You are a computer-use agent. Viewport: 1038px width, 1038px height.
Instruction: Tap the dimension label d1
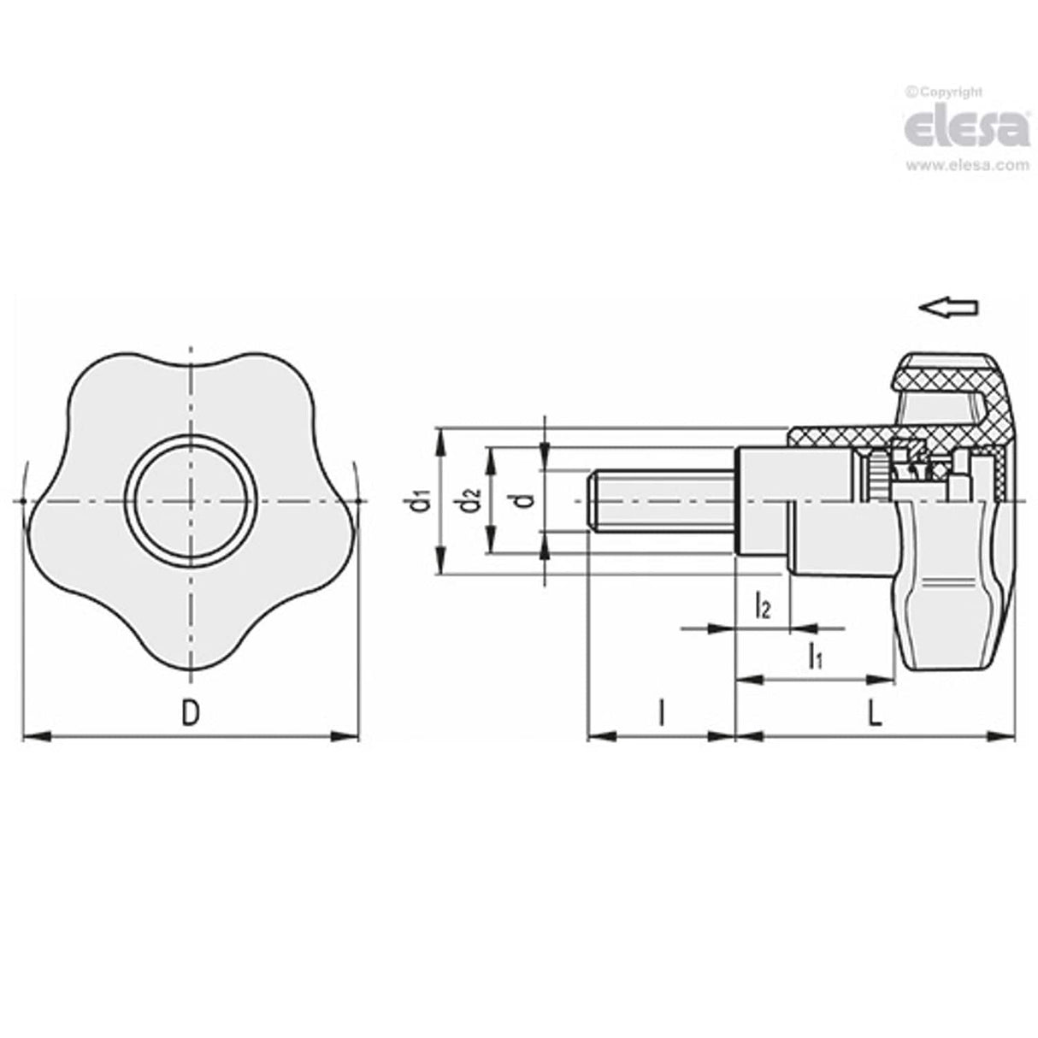coord(419,502)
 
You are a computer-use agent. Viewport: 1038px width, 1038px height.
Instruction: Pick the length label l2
coord(762,607)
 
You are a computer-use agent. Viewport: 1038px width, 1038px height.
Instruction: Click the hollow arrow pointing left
coord(947,309)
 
